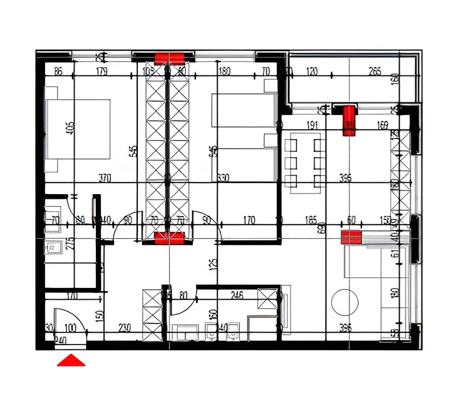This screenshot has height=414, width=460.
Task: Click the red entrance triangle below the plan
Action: (71, 361)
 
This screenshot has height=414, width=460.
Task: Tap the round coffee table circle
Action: (345, 302)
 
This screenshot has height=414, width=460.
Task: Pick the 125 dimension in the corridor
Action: (214, 264)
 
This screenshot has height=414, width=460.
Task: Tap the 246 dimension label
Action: (237, 295)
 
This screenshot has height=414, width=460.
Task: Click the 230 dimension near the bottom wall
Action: (124, 327)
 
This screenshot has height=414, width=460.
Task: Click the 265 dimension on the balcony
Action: (375, 71)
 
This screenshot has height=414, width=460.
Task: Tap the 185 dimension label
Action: (311, 220)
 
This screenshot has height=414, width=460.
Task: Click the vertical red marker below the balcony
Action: (350, 120)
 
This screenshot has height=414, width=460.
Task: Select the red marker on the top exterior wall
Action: (169, 58)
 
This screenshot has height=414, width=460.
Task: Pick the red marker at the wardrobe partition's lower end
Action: (170, 238)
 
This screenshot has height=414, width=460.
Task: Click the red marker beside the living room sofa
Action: (351, 237)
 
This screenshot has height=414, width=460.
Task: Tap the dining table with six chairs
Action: (305, 162)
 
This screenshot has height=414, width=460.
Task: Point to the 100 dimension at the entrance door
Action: (70, 327)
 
